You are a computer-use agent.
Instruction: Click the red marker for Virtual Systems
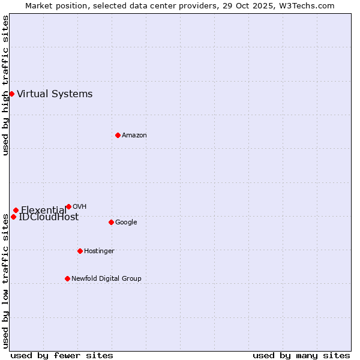point(11,94)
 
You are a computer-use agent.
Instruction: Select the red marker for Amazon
point(118,135)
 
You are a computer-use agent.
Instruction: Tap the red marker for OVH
point(68,206)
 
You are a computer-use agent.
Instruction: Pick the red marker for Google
point(111,222)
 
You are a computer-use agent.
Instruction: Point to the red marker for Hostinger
point(80,251)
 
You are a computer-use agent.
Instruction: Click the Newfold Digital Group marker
point(67,278)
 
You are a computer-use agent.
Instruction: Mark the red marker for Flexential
point(16,210)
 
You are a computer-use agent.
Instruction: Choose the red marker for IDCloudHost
point(13,217)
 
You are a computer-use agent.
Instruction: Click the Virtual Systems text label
point(55,94)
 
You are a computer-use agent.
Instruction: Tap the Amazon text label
point(134,135)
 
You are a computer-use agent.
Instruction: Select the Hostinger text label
point(99,251)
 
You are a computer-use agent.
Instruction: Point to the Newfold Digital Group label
point(106,278)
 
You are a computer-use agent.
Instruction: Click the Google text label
point(126,222)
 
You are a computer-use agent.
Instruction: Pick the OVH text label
point(79,206)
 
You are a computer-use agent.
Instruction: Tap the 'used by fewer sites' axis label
point(62,355)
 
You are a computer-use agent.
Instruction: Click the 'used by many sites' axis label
point(301,355)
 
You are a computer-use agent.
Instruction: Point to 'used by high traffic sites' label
point(5,85)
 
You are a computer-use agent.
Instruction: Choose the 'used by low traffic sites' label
point(5,280)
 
